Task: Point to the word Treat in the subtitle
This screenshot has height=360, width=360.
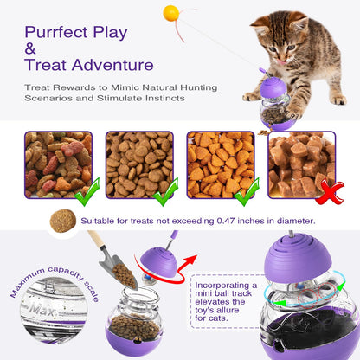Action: click(39, 87)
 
